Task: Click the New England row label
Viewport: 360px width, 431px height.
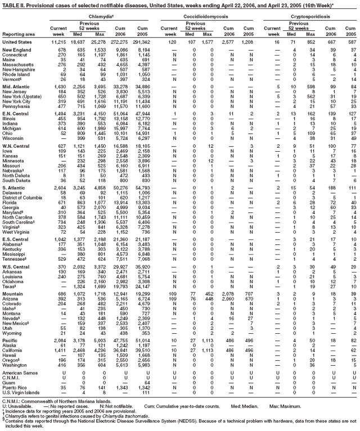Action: [17, 51]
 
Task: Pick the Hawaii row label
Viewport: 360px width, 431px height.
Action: [12, 356]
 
